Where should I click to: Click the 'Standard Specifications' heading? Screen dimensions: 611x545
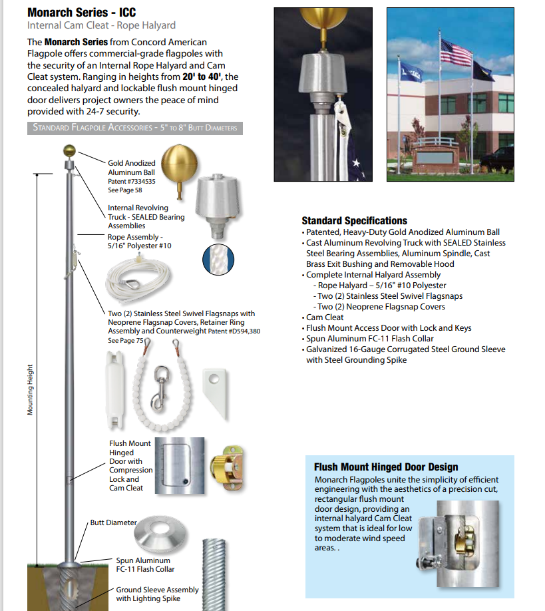pyautogui.click(x=354, y=221)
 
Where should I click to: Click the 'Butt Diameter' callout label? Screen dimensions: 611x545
pyautogui.click(x=113, y=523)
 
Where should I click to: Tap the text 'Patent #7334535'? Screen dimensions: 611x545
pyautogui.click(x=131, y=181)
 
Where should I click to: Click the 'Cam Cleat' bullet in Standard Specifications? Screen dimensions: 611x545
pyautogui.click(x=324, y=317)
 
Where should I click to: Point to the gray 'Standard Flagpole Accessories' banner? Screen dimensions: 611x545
pyautogui.click(x=134, y=128)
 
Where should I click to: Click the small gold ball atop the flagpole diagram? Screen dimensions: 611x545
pyautogui.click(x=67, y=150)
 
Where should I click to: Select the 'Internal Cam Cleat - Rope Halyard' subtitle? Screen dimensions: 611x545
pyautogui.click(x=101, y=25)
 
